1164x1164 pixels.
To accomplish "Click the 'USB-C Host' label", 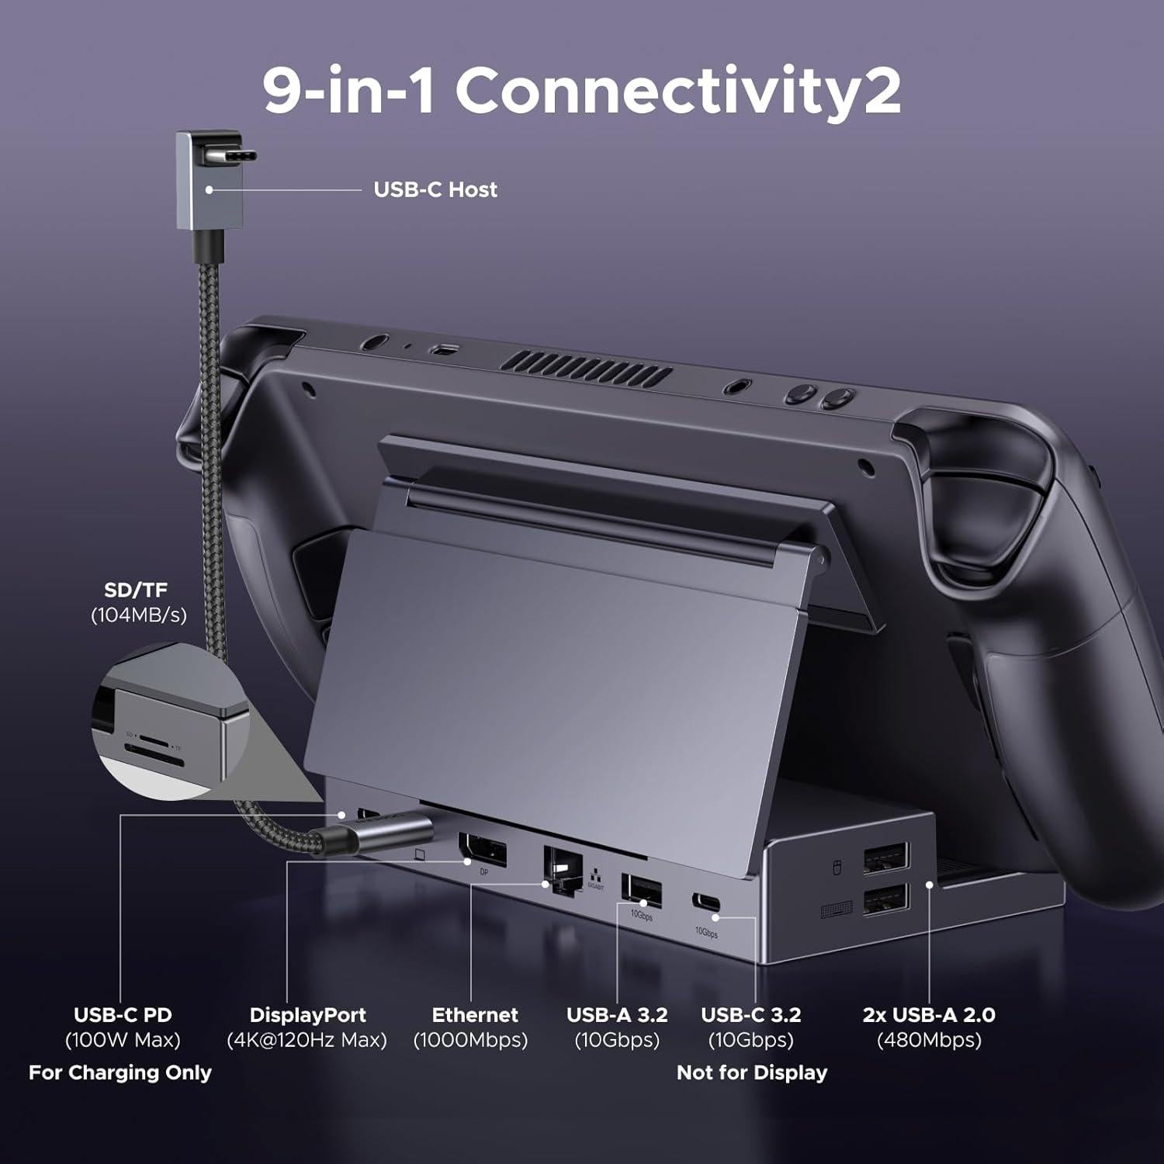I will pyautogui.click(x=435, y=189).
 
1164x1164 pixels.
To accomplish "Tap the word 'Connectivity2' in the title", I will pyautogui.click(x=677, y=92).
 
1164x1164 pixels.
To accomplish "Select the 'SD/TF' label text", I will pyautogui.click(x=136, y=590).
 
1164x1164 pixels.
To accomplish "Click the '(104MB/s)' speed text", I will pyautogui.click(x=139, y=615).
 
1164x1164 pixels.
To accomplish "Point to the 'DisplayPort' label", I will pyautogui.click(x=307, y=1015).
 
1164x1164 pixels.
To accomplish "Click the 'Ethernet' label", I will pyautogui.click(x=475, y=1015).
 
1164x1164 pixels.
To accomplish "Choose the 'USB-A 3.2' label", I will pyautogui.click(x=617, y=1015).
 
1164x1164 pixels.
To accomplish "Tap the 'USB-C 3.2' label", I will pyautogui.click(x=750, y=1015).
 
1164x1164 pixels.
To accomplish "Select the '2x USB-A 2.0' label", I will pyautogui.click(x=929, y=1015).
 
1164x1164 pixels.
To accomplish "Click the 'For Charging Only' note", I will pyautogui.click(x=120, y=1072).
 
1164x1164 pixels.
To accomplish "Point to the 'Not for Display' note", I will pyautogui.click(x=752, y=1072).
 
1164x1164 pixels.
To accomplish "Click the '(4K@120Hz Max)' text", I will pyautogui.click(x=307, y=1040).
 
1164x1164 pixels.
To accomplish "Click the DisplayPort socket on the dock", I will pyautogui.click(x=483, y=850).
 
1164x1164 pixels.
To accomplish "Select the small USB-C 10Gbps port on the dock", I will pyautogui.click(x=706, y=904).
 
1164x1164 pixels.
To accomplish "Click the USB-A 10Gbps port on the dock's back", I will pyautogui.click(x=642, y=890).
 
